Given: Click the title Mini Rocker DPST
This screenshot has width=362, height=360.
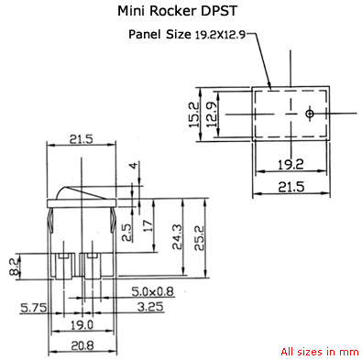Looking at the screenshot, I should (181, 12).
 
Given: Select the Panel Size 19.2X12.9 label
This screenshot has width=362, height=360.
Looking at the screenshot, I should (187, 36).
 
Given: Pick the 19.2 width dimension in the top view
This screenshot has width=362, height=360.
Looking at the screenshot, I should (291, 166).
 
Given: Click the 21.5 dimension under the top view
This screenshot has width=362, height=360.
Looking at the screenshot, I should (291, 187).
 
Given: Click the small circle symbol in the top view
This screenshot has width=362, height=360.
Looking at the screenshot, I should (310, 114).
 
